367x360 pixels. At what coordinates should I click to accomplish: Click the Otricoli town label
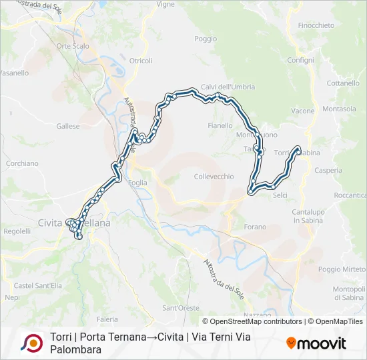[x=141, y=61]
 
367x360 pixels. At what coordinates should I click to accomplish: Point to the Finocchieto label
[x=316, y=25]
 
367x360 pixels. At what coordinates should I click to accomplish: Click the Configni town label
[x=300, y=60]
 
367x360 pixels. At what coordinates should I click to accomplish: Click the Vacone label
[x=303, y=111]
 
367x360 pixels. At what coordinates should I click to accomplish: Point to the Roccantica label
[x=350, y=195]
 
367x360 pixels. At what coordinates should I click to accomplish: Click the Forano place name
[x=255, y=227]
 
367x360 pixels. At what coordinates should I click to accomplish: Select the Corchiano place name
[x=22, y=163]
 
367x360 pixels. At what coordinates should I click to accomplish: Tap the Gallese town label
[x=68, y=125]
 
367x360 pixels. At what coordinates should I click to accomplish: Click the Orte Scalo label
[x=73, y=46]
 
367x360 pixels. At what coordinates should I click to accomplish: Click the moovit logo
[x=316, y=343]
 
